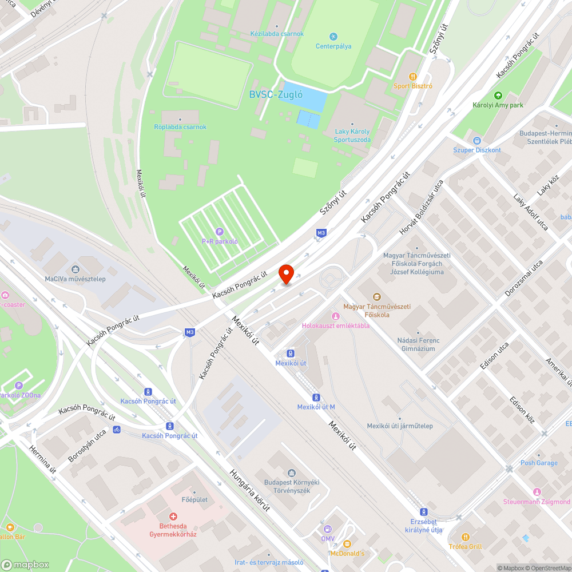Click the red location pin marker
(x=286, y=274)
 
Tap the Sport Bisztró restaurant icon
(x=412, y=76)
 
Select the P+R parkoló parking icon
(x=220, y=231)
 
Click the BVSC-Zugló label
(x=276, y=95)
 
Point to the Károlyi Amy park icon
(x=498, y=96)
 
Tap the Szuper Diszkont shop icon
(x=476, y=140)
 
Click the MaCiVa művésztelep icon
(x=76, y=269)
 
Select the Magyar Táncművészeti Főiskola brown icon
(x=376, y=297)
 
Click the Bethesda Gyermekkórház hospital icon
(x=173, y=517)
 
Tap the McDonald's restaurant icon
(x=347, y=544)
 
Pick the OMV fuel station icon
(x=327, y=529)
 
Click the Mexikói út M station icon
(x=316, y=398)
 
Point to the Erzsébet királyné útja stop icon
(x=423, y=512)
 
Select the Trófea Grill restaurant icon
(x=466, y=537)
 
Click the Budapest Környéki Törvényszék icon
(x=292, y=472)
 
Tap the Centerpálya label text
(x=333, y=46)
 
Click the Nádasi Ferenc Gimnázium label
(x=418, y=344)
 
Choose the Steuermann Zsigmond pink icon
(x=537, y=492)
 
